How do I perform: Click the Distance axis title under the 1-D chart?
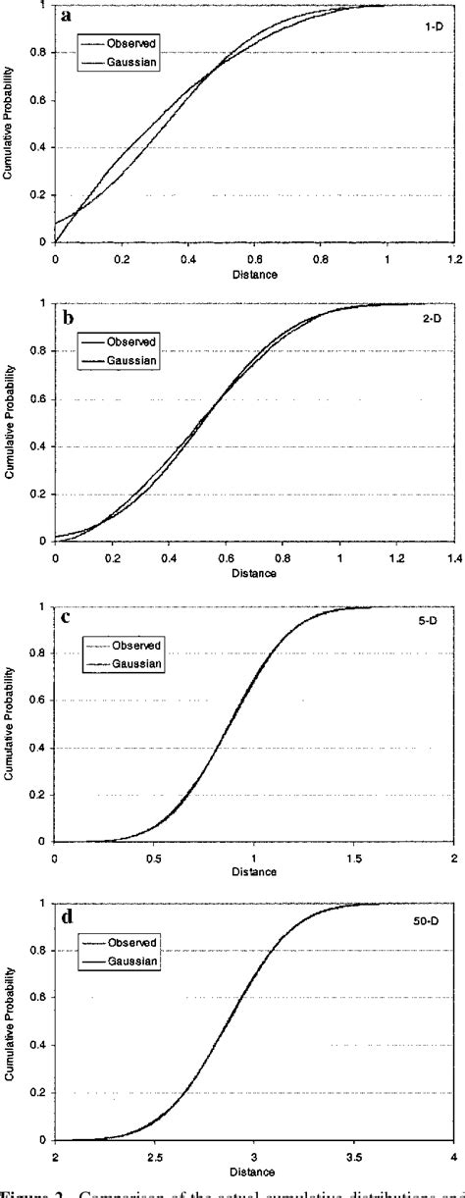point(254,274)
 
